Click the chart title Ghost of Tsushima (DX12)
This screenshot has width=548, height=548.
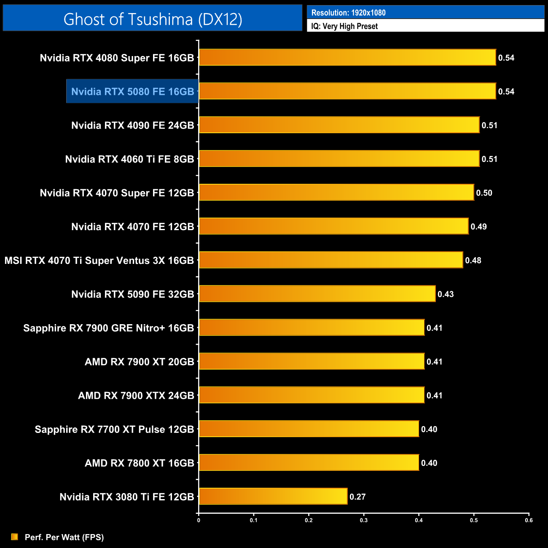(153, 19)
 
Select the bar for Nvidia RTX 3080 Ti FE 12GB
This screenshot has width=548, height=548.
(273, 496)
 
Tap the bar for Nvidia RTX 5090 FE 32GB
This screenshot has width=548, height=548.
(317, 294)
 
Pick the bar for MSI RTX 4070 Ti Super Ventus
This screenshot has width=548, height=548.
(331, 260)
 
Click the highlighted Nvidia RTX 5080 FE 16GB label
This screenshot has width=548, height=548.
(132, 91)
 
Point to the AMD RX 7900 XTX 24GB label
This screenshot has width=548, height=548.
(136, 395)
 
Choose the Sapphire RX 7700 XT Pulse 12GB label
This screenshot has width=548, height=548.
(114, 429)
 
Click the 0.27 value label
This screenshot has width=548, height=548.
(357, 497)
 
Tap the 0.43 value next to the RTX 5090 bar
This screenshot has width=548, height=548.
(446, 294)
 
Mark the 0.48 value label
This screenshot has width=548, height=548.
(473, 261)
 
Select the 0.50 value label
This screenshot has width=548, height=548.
(484, 193)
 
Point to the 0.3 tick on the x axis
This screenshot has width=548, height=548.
(364, 520)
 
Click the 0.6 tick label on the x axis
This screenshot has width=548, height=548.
(529, 520)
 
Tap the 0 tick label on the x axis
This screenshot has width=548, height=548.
(199, 520)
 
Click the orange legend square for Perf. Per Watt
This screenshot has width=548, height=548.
(14, 537)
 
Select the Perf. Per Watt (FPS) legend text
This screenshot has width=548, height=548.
(64, 537)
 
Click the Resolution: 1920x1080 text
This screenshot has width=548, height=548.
(348, 13)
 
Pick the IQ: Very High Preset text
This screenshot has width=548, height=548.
(344, 26)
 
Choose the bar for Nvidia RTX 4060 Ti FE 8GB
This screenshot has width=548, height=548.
(339, 158)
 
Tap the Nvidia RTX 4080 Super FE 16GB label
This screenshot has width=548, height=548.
(117, 58)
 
